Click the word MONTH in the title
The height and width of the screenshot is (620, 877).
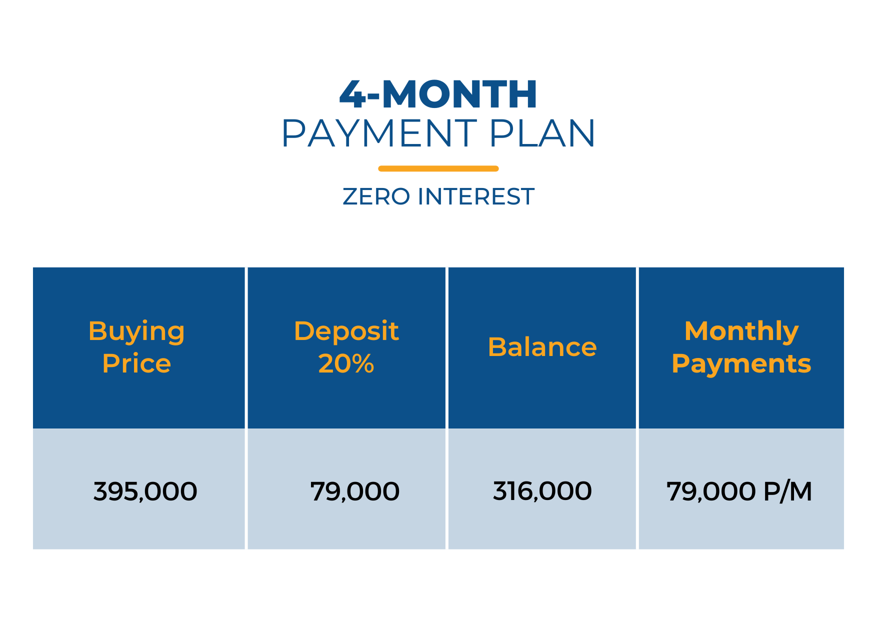point(459,94)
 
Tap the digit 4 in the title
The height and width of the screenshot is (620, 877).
point(352,94)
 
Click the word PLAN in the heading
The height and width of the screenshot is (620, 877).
point(542,133)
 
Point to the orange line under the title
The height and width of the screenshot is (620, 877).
point(438,168)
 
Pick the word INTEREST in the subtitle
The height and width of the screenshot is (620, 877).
point(476,196)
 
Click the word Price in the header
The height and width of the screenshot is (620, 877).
point(136,363)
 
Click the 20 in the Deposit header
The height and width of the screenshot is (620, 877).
point(333,363)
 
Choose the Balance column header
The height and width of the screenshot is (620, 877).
point(542,347)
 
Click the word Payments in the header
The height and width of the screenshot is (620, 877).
point(741,364)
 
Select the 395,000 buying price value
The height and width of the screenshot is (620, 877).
point(145,491)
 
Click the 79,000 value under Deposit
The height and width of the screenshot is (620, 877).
point(355,491)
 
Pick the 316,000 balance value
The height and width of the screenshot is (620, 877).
point(542,491)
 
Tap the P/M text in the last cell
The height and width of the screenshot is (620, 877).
point(788,491)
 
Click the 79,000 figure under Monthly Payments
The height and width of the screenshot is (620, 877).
point(711,491)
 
